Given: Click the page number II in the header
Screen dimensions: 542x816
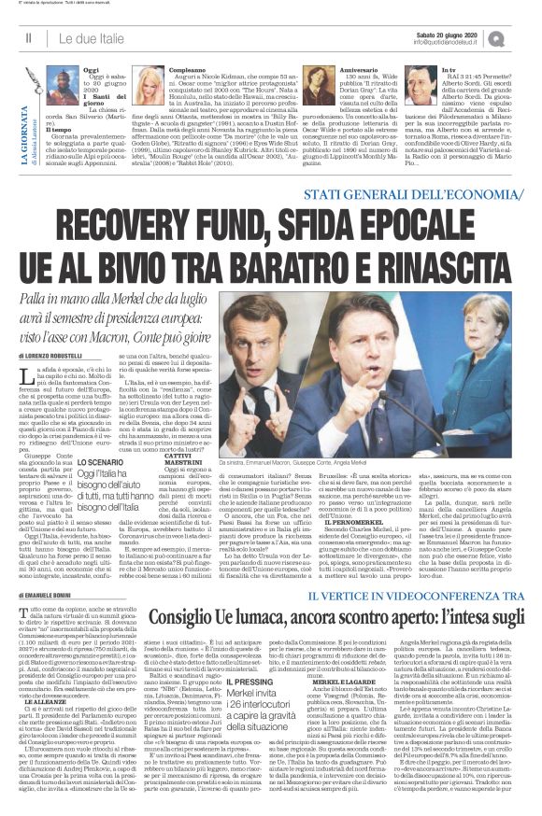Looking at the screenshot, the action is pos(29,36).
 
